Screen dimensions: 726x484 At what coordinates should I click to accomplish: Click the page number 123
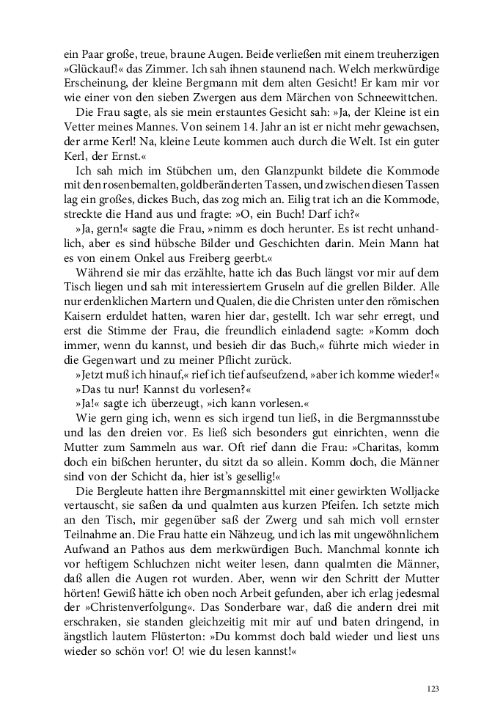(432, 689)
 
